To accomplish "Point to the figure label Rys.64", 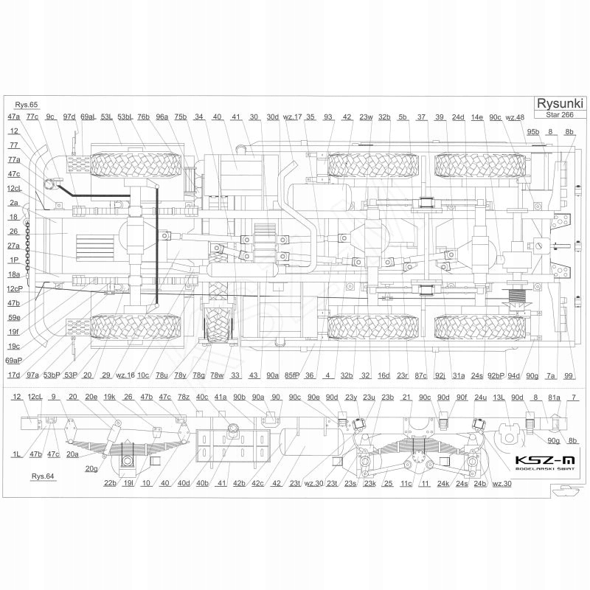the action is pos(43,477).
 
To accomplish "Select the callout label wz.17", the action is pos(294,117).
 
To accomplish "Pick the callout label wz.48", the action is pos(516,117).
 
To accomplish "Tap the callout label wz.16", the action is pos(125,375).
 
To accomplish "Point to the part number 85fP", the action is pos(292,375).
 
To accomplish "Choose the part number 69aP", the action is pos(14,360).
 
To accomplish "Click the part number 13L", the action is pos(499,398).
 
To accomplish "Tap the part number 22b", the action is pos(110,483).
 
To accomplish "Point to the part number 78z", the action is pos(184,398).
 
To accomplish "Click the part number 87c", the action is pos(421,375).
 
